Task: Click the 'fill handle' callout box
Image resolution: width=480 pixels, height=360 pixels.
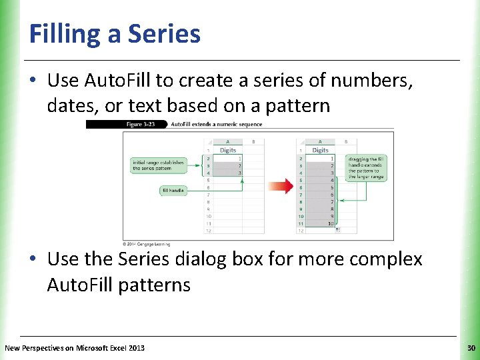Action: click(173, 191)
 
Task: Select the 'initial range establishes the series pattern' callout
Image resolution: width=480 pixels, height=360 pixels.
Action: click(157, 165)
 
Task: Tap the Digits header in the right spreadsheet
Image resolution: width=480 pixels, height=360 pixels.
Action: click(321, 150)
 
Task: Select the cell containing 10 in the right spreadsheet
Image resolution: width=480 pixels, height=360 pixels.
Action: click(321, 224)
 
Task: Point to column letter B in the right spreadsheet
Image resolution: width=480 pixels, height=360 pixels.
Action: click(345, 141)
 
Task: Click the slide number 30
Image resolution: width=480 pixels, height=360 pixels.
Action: click(471, 348)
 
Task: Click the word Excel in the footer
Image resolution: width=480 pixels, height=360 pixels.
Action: click(111, 348)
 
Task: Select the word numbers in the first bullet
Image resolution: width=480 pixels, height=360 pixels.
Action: click(379, 81)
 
